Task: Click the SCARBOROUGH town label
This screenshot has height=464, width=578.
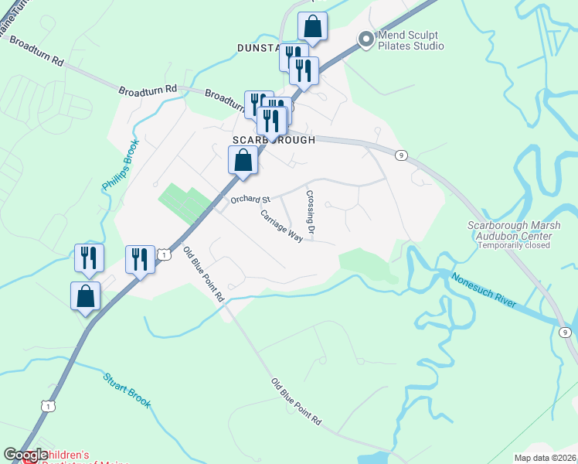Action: (274, 141)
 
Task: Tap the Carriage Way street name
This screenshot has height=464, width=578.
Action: (281, 227)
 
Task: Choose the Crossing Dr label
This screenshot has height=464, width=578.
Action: (311, 214)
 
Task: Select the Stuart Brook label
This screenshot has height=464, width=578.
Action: (127, 391)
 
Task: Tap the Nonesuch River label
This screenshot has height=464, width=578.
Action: (484, 291)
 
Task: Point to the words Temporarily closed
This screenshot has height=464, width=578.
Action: (514, 245)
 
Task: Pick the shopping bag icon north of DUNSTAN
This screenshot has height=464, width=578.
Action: (312, 27)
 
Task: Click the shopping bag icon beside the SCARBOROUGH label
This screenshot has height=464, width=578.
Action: (243, 162)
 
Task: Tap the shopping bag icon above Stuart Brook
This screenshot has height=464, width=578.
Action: (85, 296)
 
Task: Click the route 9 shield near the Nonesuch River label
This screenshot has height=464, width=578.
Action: (566, 333)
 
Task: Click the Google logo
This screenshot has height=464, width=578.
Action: (25, 455)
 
